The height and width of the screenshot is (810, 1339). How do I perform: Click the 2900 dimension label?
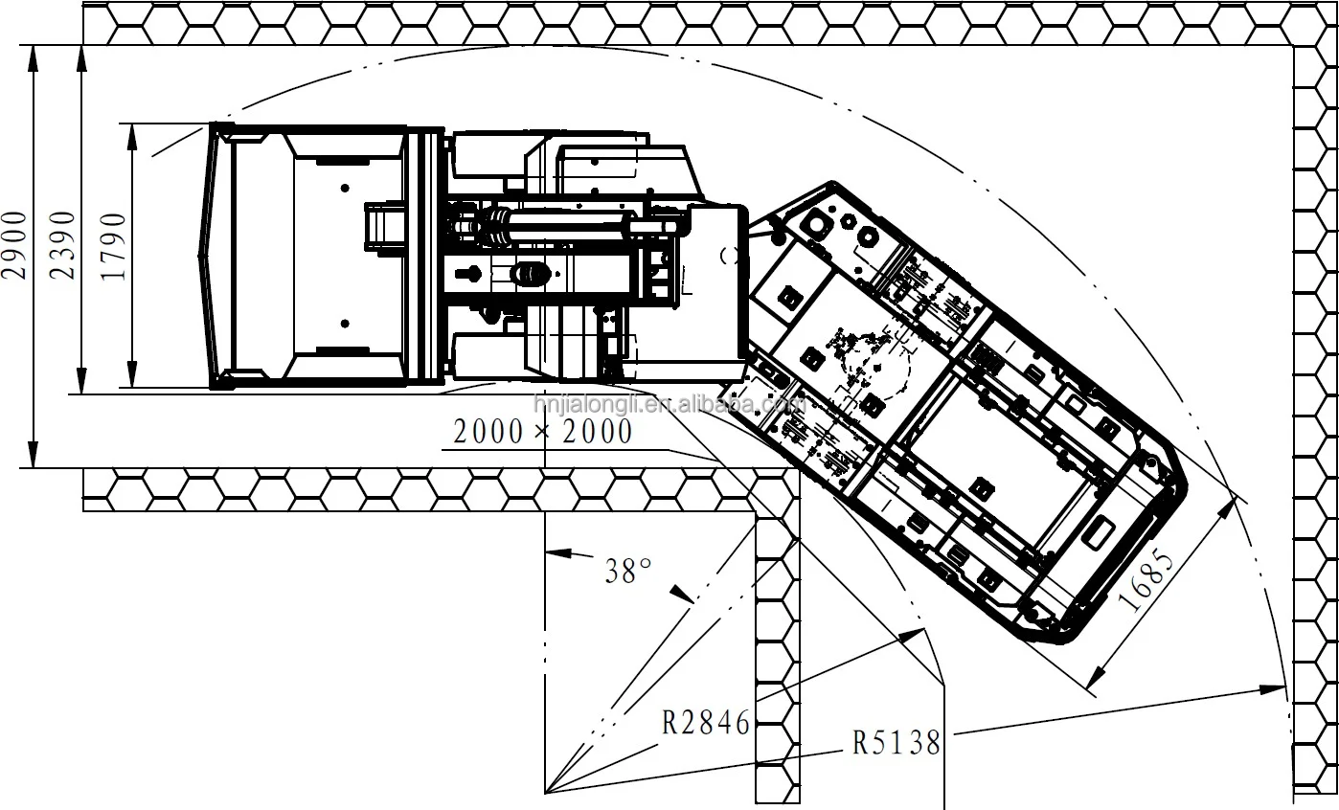tap(14, 245)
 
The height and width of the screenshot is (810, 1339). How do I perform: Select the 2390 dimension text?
tap(62, 245)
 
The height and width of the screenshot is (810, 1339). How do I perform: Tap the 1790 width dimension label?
tap(114, 246)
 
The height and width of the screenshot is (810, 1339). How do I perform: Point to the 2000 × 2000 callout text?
tap(543, 431)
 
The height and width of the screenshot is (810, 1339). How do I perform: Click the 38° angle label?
tap(627, 571)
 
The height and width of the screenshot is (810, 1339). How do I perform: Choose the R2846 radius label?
tap(706, 722)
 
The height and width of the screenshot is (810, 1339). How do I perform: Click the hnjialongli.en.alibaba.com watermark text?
tap(669, 405)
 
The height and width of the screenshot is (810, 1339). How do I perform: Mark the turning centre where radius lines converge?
tap(545, 793)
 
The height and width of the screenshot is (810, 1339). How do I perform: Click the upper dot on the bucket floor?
tap(345, 189)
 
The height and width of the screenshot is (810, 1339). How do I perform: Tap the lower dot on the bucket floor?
tap(345, 324)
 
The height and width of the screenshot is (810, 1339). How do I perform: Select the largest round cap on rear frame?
tap(816, 225)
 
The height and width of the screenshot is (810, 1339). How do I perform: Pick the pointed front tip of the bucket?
tap(200, 256)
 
